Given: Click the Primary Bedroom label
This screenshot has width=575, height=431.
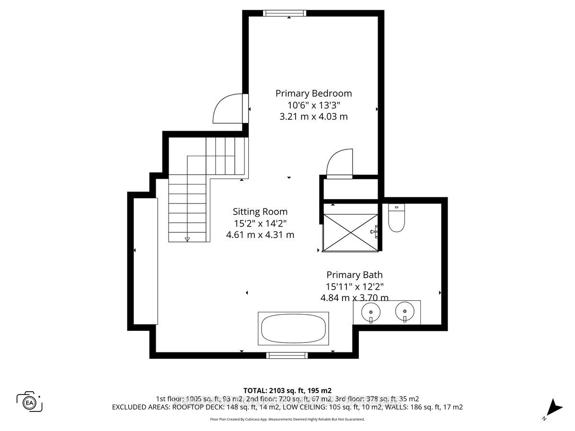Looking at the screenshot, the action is tap(313, 93).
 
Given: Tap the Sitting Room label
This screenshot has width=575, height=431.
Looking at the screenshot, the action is tap(260, 212).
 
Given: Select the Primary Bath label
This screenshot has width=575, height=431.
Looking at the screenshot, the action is tap(355, 275).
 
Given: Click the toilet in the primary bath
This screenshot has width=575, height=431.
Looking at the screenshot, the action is tap(396, 218).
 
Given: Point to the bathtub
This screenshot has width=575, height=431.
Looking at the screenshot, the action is tap(293, 329).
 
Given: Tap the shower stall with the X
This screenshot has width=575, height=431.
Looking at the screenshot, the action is tap(350, 232).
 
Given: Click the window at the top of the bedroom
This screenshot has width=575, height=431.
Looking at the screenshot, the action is tap(285, 13).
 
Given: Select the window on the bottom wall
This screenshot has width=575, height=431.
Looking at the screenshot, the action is tap(287, 355).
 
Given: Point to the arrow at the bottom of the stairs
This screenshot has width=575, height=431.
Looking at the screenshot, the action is tap(187, 239).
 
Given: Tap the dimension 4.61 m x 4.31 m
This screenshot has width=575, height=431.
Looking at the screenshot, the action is tap(260, 235).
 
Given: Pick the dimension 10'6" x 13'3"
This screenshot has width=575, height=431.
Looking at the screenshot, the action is tap(313, 105).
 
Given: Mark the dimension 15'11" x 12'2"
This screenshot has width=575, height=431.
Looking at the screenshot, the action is tap(355, 286).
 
